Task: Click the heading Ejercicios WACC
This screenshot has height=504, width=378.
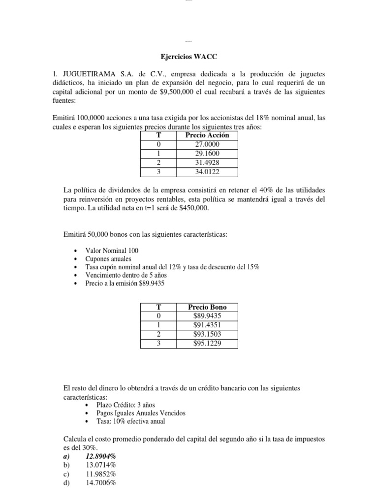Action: tap(189, 57)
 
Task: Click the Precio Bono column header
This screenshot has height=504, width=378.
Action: tap(207, 307)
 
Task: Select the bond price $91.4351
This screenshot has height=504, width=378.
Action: tap(207, 325)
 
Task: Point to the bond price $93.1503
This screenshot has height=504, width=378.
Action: tap(207, 334)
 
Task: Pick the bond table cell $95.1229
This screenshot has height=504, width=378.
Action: tap(207, 343)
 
